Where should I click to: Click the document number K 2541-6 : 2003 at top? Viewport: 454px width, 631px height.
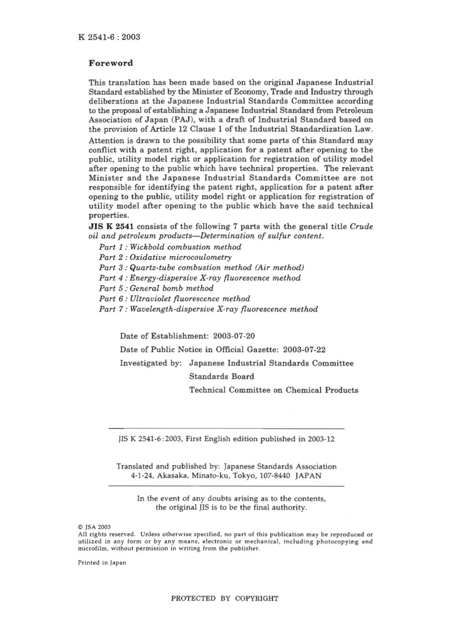coord(108,37)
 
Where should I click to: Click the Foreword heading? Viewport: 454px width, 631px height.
coord(111,63)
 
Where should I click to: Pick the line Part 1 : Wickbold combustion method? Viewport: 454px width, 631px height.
coord(170,247)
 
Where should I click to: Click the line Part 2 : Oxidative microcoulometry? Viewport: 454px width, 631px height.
coord(165,257)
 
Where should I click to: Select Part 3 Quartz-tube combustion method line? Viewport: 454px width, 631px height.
coord(201,267)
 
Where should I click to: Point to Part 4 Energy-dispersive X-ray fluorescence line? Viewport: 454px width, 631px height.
coord(200,278)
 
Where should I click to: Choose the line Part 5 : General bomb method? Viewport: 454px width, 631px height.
coord(156,288)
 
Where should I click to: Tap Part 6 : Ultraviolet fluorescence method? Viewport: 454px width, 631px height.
coord(174,299)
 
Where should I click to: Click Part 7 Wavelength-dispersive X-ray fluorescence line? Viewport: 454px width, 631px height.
coord(208,309)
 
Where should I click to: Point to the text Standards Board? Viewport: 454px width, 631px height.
coord(221,376)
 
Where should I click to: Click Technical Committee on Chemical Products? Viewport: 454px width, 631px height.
coord(273,390)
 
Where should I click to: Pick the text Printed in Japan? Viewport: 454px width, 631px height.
coord(102,563)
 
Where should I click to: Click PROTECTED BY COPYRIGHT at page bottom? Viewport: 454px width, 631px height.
coord(225,598)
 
